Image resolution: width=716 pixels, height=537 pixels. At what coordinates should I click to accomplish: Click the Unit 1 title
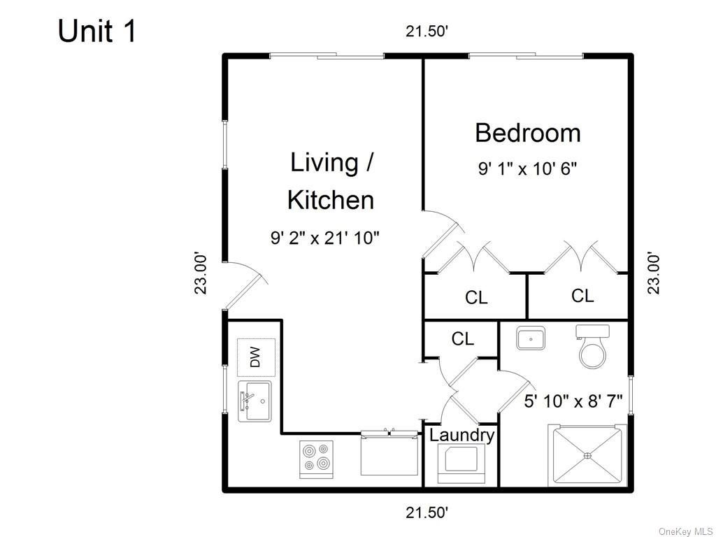[x=96, y=31]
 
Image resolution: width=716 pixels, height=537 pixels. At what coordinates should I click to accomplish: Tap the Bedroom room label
[x=528, y=133]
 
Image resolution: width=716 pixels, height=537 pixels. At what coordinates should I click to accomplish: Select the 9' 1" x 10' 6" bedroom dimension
[x=528, y=169]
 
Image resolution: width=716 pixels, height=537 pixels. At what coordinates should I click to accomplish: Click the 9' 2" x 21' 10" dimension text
[x=325, y=238]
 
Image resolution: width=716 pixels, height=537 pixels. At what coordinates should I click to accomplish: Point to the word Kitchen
[x=331, y=200]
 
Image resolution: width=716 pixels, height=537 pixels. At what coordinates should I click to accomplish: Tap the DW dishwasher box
[x=256, y=357]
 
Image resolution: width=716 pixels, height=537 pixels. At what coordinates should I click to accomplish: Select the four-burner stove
[x=317, y=457]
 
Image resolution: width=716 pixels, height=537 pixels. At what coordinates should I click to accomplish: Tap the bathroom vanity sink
[x=531, y=338]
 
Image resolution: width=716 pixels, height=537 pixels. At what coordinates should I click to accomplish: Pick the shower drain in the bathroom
[x=587, y=454]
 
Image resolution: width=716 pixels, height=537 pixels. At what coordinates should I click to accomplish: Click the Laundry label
[x=461, y=435]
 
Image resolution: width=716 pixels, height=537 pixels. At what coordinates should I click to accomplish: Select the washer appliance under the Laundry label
[x=461, y=464]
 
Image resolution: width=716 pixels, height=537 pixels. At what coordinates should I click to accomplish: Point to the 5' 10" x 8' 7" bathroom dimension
[x=573, y=402]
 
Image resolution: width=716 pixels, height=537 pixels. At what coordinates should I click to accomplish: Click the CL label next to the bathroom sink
[x=463, y=339]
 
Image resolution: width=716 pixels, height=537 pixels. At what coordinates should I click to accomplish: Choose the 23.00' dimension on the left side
[x=201, y=273]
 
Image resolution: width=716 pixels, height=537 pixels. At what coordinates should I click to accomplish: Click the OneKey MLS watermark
[x=686, y=531]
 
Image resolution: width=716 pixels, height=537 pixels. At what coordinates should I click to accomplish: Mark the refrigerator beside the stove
[x=389, y=453]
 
